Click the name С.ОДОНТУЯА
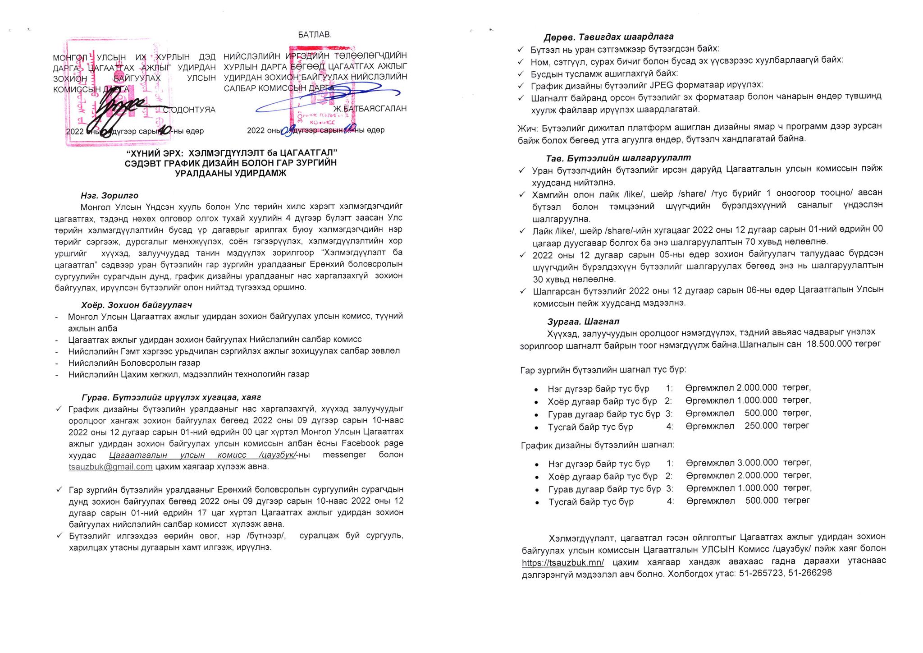click(189, 110)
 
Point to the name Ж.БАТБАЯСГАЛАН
click(370, 109)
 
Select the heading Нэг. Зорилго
click(109, 196)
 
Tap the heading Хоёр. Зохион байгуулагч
click(137, 305)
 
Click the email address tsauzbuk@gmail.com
click(110, 467)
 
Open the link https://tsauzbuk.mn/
click(562, 562)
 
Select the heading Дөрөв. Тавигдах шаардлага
click(608, 37)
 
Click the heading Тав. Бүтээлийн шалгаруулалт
click(618, 158)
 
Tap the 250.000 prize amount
click(761, 426)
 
